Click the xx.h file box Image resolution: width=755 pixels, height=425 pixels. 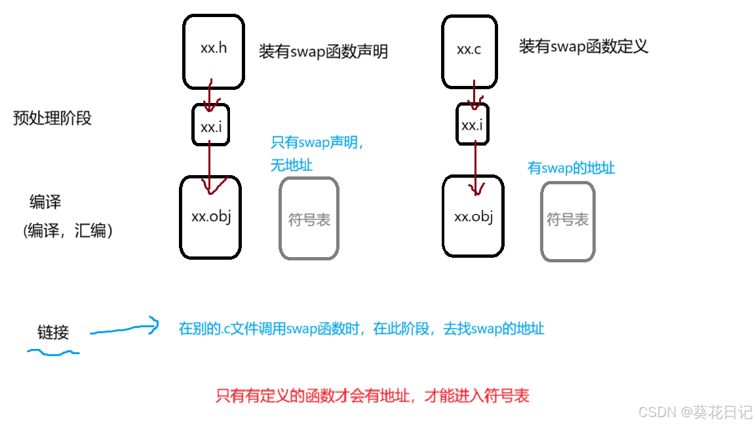click(x=214, y=52)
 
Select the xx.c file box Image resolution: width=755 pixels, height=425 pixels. click(x=469, y=52)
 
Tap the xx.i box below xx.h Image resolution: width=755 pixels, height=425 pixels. click(x=211, y=125)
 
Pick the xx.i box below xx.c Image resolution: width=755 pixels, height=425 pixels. click(x=472, y=125)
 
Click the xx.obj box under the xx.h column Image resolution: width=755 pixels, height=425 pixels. click(x=210, y=217)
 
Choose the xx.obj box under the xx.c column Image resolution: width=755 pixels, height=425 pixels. click(x=473, y=217)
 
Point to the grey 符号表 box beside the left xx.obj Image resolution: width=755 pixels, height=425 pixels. click(x=309, y=218)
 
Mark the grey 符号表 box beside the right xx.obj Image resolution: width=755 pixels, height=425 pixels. click(x=568, y=221)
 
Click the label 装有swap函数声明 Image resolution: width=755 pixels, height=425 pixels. click(x=323, y=52)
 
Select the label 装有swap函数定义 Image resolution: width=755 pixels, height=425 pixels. click(x=583, y=47)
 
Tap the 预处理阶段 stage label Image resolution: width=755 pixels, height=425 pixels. click(x=52, y=118)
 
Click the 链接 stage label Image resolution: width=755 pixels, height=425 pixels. click(x=53, y=333)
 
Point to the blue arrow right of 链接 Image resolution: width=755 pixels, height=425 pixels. click(x=125, y=328)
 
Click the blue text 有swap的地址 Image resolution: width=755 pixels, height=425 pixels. click(x=571, y=168)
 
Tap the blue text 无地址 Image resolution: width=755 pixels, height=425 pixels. click(x=292, y=165)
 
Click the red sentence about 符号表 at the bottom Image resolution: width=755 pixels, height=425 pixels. click(x=372, y=395)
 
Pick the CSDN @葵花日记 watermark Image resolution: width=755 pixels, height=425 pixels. click(x=695, y=412)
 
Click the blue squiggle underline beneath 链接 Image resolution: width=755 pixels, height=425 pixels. click(x=53, y=354)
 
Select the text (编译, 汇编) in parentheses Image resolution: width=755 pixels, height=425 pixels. click(x=68, y=230)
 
